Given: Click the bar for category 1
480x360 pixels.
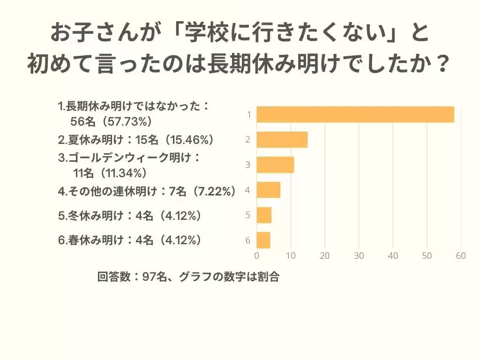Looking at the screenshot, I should pos(355,115).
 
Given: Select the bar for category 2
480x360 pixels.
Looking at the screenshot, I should pos(282,140).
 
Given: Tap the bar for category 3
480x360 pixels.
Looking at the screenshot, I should pos(275,165).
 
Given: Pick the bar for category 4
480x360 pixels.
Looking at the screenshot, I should pos(269,190).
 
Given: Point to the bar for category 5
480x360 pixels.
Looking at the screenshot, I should pos(264,215).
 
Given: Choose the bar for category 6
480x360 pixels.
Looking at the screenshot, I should pos(263,240).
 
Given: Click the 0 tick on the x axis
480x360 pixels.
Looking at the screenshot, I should pos(257,256).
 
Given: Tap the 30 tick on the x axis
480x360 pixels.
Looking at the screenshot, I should pos(359,256).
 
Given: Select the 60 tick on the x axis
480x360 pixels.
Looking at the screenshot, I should pos(461,256).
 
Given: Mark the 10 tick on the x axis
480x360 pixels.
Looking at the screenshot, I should pos(291,256).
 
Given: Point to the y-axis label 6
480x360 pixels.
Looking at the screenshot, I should pos(248,241).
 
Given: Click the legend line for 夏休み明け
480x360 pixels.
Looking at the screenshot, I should pos(136,140).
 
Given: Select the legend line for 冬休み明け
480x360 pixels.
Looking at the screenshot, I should pos(130,216).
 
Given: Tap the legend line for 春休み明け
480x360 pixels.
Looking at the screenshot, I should pos(130,240).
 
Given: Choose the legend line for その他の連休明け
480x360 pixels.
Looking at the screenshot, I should pos(147,191).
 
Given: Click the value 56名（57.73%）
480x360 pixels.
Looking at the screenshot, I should pos(111,121).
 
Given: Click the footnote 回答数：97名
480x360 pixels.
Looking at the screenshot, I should pos(132,277).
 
